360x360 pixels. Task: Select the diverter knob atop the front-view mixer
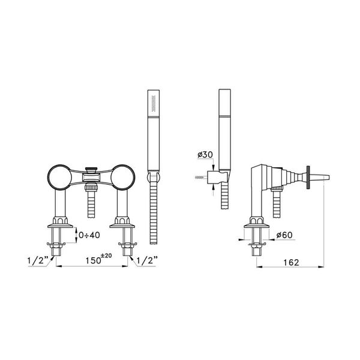point(91,169)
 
